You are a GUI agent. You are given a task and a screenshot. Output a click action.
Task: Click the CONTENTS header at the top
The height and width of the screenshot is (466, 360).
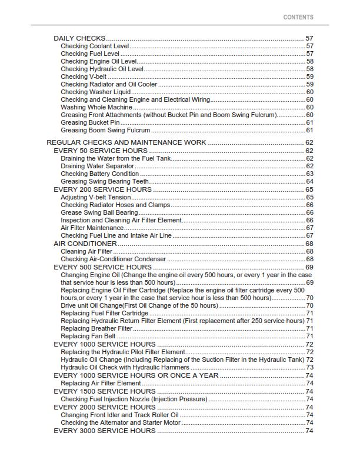pyautogui.click(x=298, y=18)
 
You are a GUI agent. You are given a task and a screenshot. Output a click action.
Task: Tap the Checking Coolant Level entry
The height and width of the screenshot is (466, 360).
pyautogui.click(x=94, y=46)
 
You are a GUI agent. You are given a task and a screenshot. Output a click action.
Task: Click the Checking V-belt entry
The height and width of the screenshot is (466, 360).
pyautogui.click(x=84, y=76)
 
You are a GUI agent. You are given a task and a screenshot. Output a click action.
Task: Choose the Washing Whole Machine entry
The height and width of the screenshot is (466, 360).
pyautogui.click(x=96, y=107)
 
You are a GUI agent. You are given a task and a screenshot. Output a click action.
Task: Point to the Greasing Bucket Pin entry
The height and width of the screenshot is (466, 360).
pyautogui.click(x=89, y=122)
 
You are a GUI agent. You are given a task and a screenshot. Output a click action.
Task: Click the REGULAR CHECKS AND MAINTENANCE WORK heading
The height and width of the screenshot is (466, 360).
pyautogui.click(x=126, y=143)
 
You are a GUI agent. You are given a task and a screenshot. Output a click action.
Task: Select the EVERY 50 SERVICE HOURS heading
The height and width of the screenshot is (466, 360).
pyautogui.click(x=101, y=151)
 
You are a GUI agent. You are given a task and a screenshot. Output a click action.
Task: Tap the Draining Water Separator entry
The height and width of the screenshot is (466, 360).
pyautogui.click(x=97, y=166)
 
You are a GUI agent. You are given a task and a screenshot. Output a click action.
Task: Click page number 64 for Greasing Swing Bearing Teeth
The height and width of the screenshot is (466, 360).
pyautogui.click(x=309, y=181)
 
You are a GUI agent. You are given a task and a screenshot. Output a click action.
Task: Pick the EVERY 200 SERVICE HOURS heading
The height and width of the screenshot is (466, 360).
pyautogui.click(x=102, y=189)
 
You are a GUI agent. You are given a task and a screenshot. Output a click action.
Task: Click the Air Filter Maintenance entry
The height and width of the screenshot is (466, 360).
pyautogui.click(x=92, y=228)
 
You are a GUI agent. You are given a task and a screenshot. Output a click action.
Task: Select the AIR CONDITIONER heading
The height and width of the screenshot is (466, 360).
pyautogui.click(x=85, y=244)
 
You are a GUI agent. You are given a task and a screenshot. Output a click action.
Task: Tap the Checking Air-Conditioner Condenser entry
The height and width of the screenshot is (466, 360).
pyautogui.click(x=113, y=259)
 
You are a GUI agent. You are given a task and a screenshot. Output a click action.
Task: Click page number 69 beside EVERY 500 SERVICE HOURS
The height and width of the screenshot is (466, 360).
pyautogui.click(x=309, y=267)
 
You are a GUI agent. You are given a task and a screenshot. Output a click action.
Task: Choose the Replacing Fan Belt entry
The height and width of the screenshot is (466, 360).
pyautogui.click(x=88, y=336)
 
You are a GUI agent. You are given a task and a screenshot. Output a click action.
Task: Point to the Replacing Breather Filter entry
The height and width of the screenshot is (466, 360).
pyautogui.click(x=96, y=328)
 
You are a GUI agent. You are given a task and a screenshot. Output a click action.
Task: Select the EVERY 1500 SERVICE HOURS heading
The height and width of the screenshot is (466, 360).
pyautogui.click(x=105, y=391)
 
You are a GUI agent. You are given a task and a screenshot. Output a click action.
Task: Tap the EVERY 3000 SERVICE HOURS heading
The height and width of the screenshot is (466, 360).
pyautogui.click(x=105, y=431)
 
